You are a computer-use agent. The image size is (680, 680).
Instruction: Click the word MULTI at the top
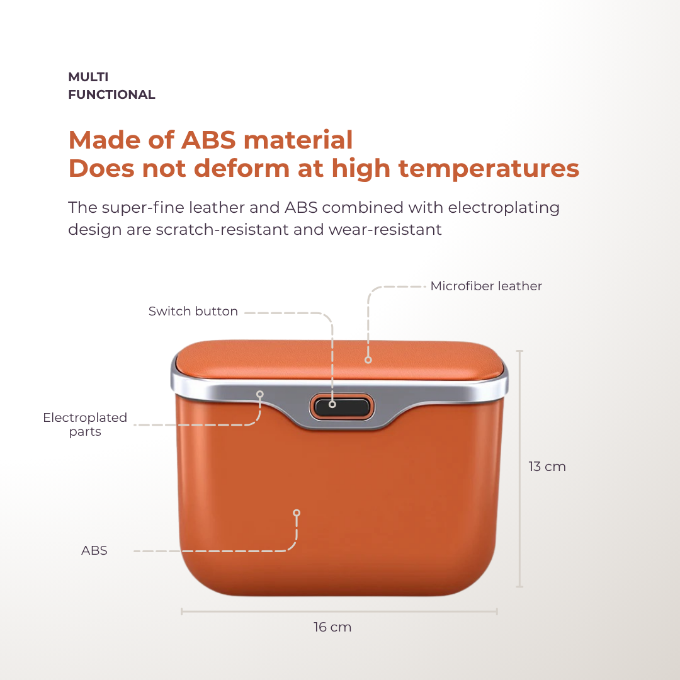coord(89,77)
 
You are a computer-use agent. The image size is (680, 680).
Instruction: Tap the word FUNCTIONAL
coord(111,94)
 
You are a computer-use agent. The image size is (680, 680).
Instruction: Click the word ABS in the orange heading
coord(208,140)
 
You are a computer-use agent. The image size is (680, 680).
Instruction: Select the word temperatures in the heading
coord(489,169)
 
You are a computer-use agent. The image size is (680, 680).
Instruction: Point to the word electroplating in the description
coord(504,208)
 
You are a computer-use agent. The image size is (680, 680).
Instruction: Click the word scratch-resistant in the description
coord(221,229)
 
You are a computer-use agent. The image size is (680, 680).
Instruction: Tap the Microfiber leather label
coord(485,286)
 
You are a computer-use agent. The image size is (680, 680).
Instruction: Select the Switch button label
coord(193,312)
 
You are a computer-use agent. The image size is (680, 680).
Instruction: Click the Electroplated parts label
coord(85,424)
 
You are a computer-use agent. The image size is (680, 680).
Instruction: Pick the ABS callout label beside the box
coord(94,550)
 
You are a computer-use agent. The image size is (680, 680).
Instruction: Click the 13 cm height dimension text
coord(547,467)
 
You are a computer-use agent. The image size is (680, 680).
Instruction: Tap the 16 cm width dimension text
coord(332,627)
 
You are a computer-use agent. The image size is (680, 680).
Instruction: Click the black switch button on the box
coord(342,407)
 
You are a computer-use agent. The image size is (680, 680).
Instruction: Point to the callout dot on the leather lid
coord(368,360)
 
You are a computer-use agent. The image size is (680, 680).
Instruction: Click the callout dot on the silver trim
coord(260,394)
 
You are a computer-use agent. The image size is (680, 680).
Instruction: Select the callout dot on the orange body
coord(297,513)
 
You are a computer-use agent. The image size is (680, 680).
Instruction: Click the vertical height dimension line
coord(520,469)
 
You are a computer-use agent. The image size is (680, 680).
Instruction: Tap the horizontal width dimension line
coord(339,611)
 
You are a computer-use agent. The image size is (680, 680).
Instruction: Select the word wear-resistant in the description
coord(385,229)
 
